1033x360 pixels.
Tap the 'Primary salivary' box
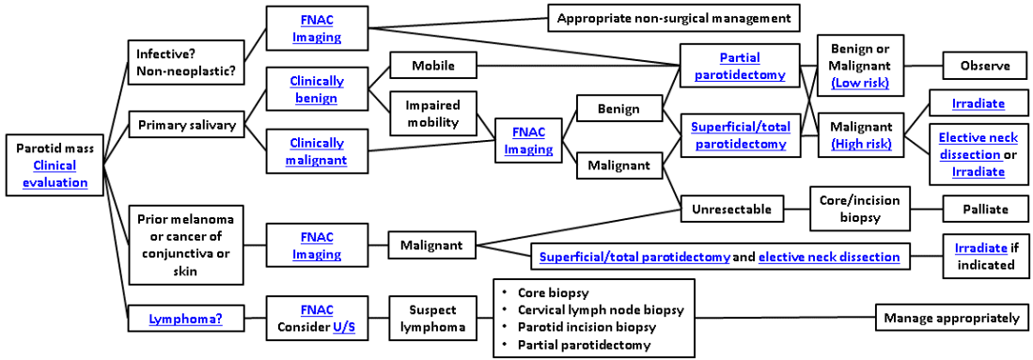tap(187, 125)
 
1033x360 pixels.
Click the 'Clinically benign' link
tap(316, 89)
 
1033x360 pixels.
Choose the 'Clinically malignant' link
tap(316, 151)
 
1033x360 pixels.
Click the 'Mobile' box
tap(432, 66)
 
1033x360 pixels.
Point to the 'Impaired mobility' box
tap(432, 113)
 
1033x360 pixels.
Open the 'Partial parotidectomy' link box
tap(740, 67)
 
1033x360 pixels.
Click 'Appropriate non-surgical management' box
tap(674, 18)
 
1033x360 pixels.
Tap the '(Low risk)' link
tap(860, 83)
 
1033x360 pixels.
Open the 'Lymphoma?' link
tap(185, 319)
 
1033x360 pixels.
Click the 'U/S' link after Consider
tap(344, 326)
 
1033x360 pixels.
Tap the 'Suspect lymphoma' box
tap(432, 319)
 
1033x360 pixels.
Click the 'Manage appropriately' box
tap(951, 318)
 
